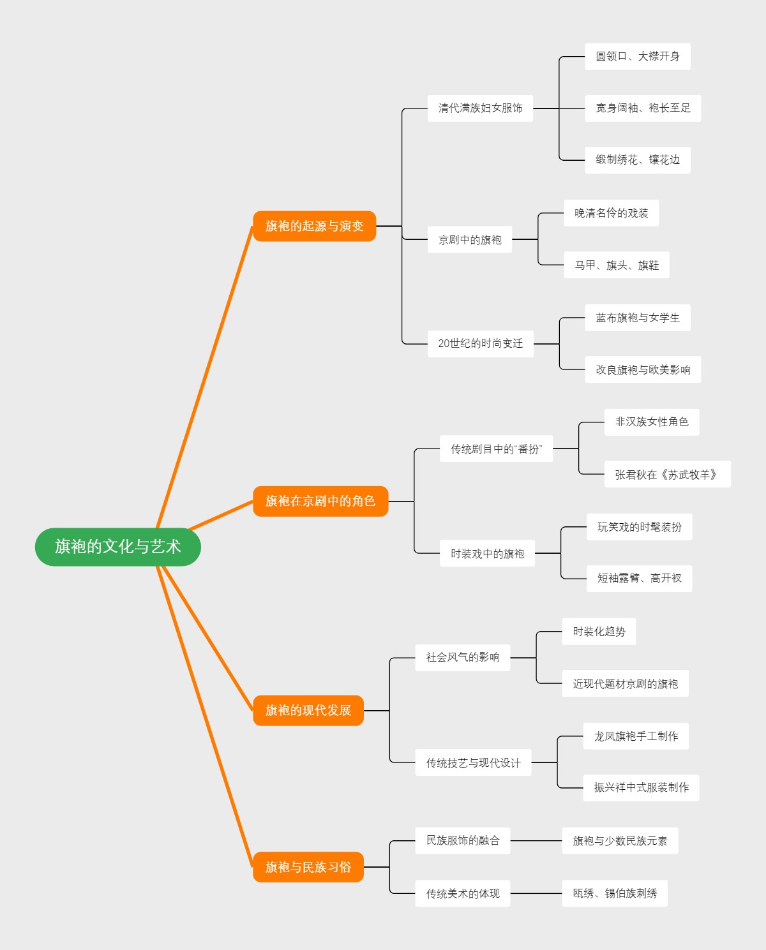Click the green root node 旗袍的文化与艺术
click(x=118, y=547)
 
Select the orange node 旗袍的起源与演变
click(x=314, y=226)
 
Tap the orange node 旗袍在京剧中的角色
click(x=320, y=501)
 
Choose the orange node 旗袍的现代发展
click(x=308, y=710)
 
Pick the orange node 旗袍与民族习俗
click(x=308, y=867)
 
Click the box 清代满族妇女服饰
click(x=480, y=108)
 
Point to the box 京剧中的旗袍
click(x=470, y=240)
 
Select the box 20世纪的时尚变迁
click(x=480, y=343)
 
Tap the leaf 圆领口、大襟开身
click(x=638, y=57)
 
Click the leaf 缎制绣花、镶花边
click(x=638, y=160)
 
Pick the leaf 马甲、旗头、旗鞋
click(x=617, y=265)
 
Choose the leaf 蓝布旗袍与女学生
click(x=638, y=318)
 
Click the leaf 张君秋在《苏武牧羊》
click(x=667, y=475)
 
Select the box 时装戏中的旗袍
click(x=488, y=554)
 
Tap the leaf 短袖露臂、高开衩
click(x=640, y=578)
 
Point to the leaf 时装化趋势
click(x=599, y=632)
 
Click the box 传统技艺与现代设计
click(x=473, y=762)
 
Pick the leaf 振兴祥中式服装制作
click(x=642, y=787)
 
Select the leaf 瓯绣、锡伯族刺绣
click(x=615, y=893)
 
